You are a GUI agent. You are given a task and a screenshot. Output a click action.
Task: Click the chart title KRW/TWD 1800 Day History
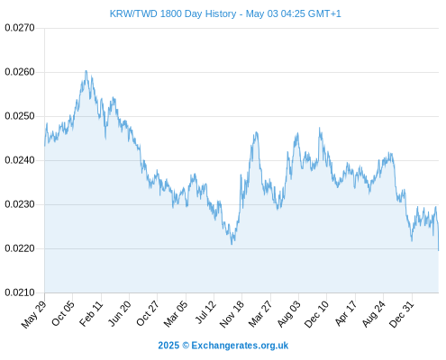tap(173, 13)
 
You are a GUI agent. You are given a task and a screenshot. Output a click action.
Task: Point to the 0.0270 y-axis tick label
tap(20, 28)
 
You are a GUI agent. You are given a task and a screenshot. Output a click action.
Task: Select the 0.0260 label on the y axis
tap(20, 72)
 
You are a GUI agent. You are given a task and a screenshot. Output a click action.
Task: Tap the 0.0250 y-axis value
tap(20, 116)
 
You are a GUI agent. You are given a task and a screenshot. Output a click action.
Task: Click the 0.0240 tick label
tap(20, 160)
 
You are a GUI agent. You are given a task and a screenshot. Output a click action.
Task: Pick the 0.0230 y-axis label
tap(20, 204)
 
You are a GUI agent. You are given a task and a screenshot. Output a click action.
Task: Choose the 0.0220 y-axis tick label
tap(20, 248)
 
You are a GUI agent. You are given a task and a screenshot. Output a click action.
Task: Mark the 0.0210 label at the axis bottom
tap(20, 292)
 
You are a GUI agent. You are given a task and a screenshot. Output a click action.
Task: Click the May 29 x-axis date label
tap(33, 314)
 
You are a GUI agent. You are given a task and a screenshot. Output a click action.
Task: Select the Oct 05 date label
tap(62, 313)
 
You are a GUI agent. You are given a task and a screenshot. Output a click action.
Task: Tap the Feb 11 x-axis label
tap(91, 313)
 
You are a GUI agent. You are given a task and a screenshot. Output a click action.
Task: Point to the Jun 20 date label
tap(120, 313)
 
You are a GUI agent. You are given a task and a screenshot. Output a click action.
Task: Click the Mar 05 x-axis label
tap(176, 313)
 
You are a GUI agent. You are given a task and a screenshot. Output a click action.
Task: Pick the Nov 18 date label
tap(232, 314)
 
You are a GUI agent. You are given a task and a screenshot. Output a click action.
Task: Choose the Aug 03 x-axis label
tap(288, 314)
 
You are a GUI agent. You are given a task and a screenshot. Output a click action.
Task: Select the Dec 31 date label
tap(401, 314)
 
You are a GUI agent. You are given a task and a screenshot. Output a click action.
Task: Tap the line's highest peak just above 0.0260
tap(86, 71)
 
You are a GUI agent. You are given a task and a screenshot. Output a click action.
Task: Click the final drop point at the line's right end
tap(439, 250)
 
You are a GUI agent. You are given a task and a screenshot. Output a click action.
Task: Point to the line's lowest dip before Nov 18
tap(232, 244)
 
